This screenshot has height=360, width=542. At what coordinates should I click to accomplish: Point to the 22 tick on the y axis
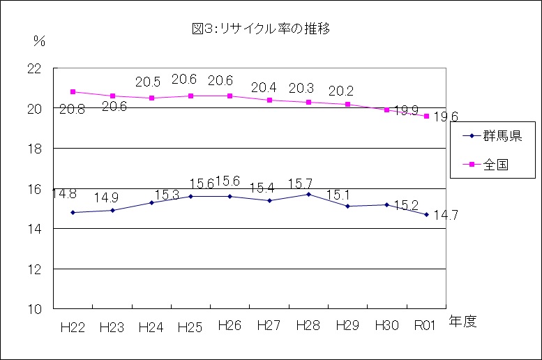point(33,68)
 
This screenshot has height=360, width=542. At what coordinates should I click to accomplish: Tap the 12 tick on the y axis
point(33,269)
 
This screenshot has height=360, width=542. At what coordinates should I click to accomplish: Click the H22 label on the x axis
point(73,327)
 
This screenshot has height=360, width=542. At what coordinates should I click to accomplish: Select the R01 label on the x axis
point(426,326)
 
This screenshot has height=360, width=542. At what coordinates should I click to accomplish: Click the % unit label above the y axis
point(38,41)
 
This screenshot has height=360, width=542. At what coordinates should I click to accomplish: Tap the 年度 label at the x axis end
point(462,322)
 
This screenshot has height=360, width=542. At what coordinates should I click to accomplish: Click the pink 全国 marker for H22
point(73,91)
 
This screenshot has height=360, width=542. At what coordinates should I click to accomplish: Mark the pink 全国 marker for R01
point(426,116)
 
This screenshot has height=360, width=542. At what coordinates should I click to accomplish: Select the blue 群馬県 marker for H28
point(308,194)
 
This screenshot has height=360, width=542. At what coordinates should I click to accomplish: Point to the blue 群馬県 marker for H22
point(73,212)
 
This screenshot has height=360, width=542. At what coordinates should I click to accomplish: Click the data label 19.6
point(445,117)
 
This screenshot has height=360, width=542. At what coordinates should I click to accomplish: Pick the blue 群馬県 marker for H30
point(386,204)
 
